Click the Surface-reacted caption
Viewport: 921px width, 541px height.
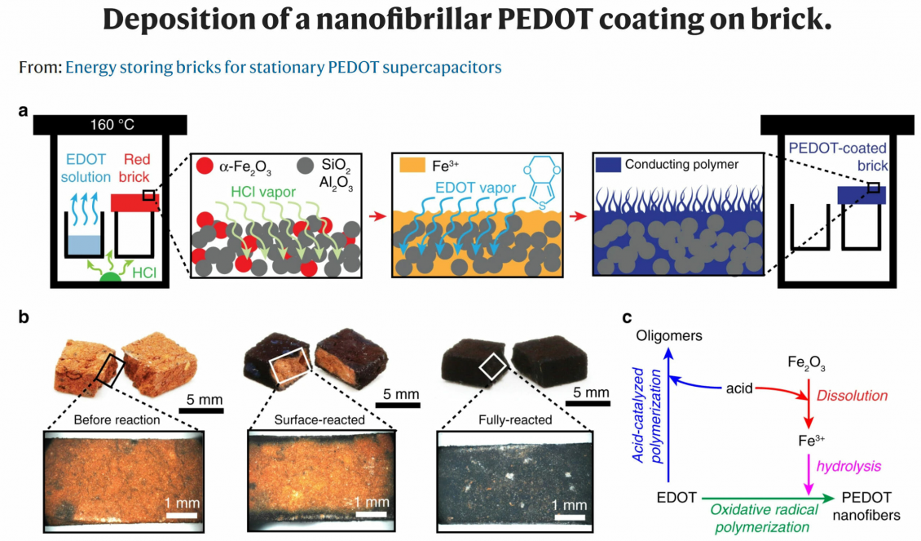319,421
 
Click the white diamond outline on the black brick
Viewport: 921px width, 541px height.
492,367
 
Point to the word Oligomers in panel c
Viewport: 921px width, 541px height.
668,335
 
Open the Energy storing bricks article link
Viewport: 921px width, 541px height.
283,67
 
